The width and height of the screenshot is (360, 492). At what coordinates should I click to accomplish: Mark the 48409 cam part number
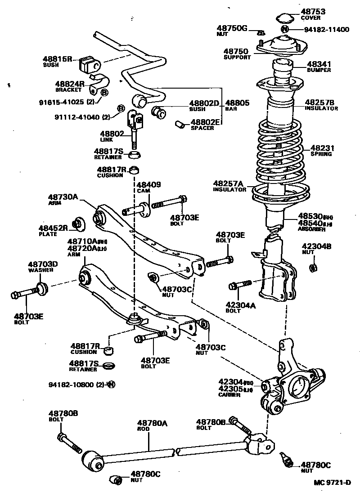pyautogui.click(x=149, y=184)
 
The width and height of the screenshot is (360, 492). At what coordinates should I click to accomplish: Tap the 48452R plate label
pyautogui.click(x=53, y=228)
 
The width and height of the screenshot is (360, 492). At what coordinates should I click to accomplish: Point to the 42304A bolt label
pyautogui.click(x=241, y=305)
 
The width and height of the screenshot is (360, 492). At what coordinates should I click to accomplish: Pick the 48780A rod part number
pyautogui.click(x=152, y=423)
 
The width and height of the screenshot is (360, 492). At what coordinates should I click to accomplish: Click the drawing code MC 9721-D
pyautogui.click(x=333, y=483)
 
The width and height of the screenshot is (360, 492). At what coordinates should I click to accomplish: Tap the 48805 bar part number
pyautogui.click(x=237, y=103)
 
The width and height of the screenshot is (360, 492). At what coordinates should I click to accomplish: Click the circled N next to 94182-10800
pyautogui.click(x=111, y=384)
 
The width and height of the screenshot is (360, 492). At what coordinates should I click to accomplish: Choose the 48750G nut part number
pyautogui.click(x=232, y=28)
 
